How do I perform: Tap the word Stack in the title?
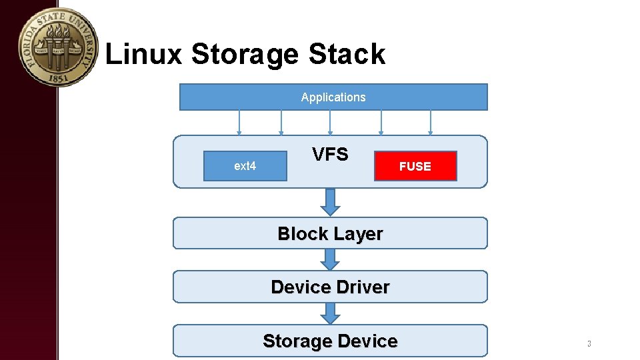tap(347, 54)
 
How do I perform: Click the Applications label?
tap(333, 97)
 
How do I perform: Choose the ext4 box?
tap(245, 166)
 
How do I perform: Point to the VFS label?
tap(330, 155)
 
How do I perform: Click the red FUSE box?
tap(415, 167)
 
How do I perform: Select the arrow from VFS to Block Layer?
tap(330, 201)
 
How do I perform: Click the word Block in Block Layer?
tap(303, 234)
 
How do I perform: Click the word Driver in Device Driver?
tap(363, 287)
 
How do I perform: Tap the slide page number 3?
tap(589, 344)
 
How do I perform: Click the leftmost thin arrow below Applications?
tap(239, 123)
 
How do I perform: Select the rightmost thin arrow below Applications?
tap(431, 123)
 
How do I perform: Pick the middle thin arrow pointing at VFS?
tap(330, 123)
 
